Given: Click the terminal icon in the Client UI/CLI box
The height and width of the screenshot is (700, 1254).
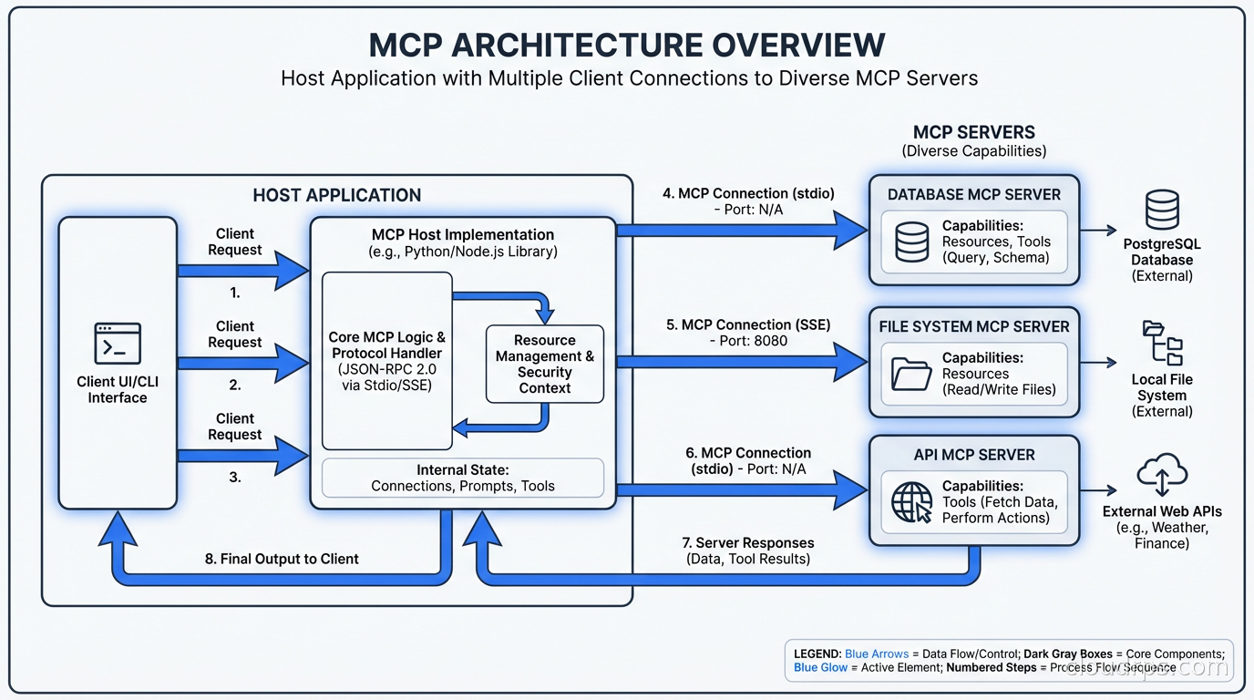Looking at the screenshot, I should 118,344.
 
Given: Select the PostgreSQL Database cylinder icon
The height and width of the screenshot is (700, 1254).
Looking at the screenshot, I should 1162,210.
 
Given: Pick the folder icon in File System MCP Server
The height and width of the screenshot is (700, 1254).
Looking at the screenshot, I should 911,373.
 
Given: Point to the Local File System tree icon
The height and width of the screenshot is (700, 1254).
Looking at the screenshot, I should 1162,343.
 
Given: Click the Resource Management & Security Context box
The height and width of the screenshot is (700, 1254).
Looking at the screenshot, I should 545,364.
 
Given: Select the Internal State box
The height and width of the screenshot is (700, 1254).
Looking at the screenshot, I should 463,478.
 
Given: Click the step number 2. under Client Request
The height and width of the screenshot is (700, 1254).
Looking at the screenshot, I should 235,386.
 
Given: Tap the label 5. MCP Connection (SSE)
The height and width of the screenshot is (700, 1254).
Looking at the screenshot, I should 748,324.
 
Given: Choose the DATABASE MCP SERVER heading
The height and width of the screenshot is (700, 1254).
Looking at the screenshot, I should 974,194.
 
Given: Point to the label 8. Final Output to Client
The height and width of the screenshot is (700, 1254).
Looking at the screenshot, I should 282,559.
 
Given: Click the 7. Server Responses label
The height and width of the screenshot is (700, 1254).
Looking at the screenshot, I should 748,543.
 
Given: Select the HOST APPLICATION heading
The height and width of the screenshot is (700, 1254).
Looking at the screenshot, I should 337,195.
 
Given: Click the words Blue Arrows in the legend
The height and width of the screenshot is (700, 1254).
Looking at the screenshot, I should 876,654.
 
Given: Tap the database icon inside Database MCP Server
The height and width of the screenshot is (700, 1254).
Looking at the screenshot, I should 911,242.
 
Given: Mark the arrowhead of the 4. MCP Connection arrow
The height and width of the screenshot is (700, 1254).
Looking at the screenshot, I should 851,231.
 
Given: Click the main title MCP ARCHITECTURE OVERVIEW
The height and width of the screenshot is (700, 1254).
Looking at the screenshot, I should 627,46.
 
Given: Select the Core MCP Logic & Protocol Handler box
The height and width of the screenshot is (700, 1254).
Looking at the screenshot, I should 387,361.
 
